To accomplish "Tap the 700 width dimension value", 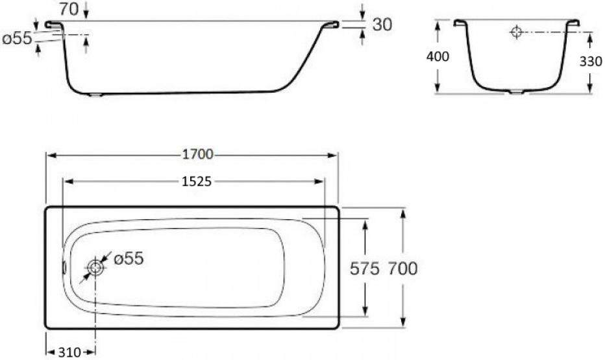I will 402,268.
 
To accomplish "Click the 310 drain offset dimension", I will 69,352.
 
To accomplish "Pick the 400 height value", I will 438,56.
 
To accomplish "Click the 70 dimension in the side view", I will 68,8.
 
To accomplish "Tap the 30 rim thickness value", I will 382,24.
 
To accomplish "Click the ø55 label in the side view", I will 17,38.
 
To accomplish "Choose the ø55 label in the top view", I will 129,259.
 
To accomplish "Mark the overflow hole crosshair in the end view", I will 516,32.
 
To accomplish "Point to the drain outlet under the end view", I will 515,93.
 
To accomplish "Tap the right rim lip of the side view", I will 330,25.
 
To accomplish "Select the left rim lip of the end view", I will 462,23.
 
